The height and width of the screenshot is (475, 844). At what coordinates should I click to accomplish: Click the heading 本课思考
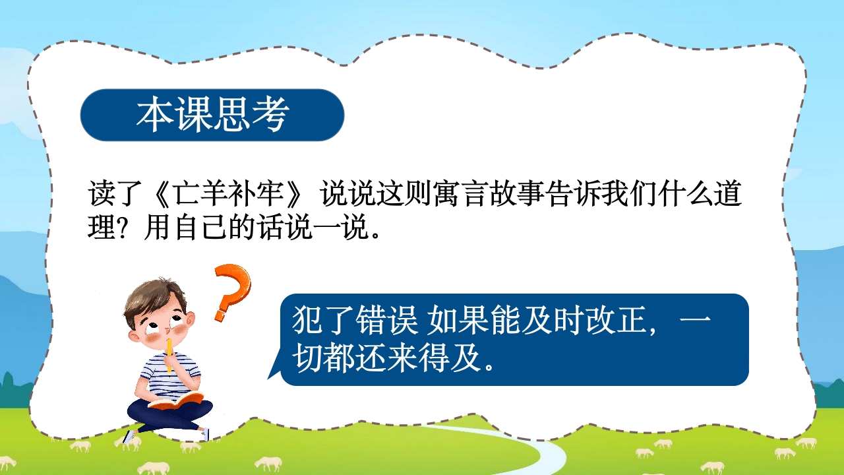click(x=212, y=115)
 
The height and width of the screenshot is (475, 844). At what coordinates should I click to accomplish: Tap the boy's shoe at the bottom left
click(x=130, y=436)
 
